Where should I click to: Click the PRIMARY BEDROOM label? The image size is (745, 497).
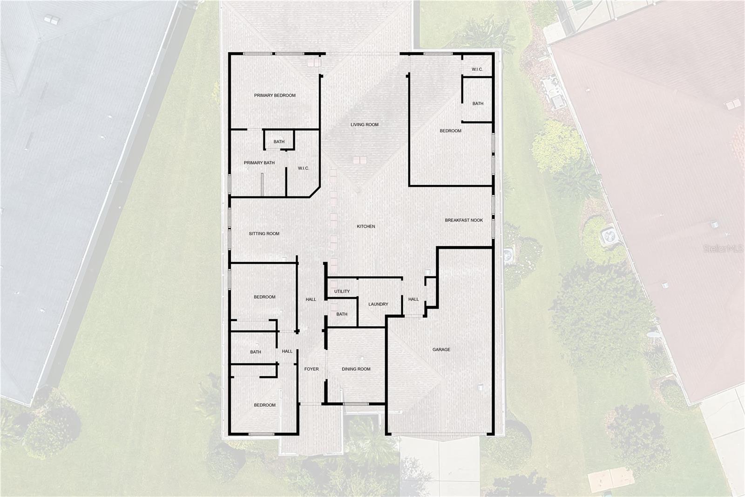pyautogui.click(x=275, y=96)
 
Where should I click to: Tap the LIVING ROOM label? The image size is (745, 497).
pyautogui.click(x=365, y=125)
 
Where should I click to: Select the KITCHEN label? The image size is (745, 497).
pyautogui.click(x=366, y=227)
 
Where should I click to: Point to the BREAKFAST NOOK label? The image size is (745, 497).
pyautogui.click(x=464, y=221)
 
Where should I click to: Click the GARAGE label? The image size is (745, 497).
pyautogui.click(x=441, y=350)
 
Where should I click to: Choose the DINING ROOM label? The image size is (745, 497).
pyautogui.click(x=356, y=369)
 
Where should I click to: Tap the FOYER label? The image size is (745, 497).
pyautogui.click(x=312, y=369)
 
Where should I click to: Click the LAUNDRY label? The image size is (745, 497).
pyautogui.click(x=378, y=304)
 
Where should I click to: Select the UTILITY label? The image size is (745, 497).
pyautogui.click(x=342, y=292)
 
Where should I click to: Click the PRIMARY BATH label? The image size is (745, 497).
pyautogui.click(x=259, y=163)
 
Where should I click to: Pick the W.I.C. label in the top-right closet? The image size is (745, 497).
pyautogui.click(x=477, y=69)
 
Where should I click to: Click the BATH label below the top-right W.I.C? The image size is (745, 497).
pyautogui.click(x=478, y=104)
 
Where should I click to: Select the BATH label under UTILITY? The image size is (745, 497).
pyautogui.click(x=342, y=314)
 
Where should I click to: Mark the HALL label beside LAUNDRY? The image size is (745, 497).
pyautogui.click(x=413, y=299)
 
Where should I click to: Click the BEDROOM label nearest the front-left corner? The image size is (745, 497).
pyautogui.click(x=264, y=405)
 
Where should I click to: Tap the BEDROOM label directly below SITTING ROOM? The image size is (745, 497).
pyautogui.click(x=264, y=297)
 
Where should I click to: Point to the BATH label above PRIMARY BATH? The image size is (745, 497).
pyautogui.click(x=279, y=142)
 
